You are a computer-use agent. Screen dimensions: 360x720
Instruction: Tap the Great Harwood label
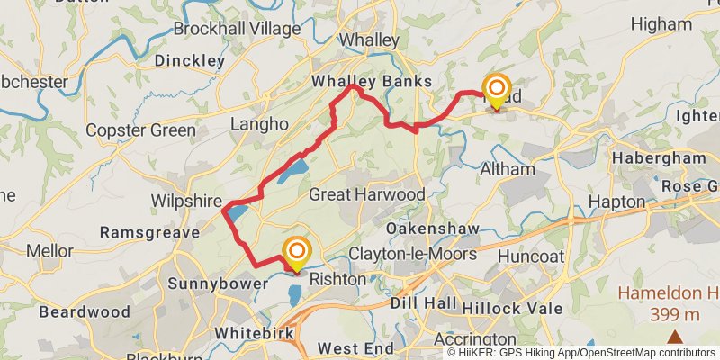click(366, 194)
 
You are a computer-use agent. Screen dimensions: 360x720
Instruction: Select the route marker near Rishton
click(297, 251)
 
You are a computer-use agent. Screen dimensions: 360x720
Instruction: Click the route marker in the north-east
click(495, 88)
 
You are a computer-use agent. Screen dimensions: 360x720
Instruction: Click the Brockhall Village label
click(237, 29)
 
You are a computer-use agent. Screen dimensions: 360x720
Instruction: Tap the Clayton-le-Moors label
click(413, 255)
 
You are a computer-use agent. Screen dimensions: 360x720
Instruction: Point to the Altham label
click(508, 169)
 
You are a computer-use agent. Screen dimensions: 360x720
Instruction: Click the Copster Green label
click(140, 130)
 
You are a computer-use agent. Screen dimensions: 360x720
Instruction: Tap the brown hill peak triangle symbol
click(674, 337)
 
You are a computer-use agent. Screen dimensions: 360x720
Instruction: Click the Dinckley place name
click(189, 61)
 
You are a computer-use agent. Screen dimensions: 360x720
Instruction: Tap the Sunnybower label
click(217, 283)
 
